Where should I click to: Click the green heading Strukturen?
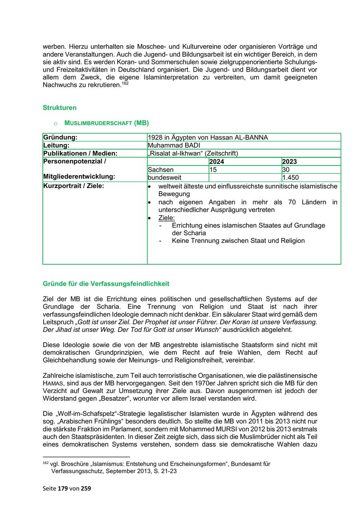59,108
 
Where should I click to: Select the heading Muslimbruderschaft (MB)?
106,123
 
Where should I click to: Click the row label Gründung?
60,138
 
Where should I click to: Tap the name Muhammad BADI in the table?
174,146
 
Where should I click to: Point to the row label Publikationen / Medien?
80,154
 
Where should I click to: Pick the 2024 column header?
217,162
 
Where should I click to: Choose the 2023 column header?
290,162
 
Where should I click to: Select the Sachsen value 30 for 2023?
286,170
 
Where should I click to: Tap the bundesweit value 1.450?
290,178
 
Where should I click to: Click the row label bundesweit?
164,178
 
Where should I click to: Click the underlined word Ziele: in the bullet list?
167,218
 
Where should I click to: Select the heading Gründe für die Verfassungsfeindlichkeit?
106,284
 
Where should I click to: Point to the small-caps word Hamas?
53,383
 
